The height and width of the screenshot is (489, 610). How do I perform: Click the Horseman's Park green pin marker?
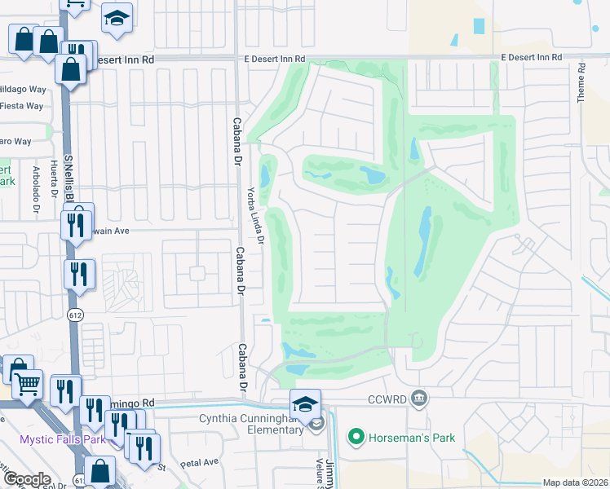tap(356, 438)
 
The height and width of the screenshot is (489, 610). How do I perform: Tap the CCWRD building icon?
tap(419, 399)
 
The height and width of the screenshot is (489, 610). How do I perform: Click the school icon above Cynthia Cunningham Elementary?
tap(305, 404)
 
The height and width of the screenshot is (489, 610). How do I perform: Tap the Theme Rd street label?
tap(581, 82)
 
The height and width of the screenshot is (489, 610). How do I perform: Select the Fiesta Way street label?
tap(21, 106)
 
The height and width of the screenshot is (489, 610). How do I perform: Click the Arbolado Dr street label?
tap(36, 187)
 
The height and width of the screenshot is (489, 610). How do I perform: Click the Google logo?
tap(27, 479)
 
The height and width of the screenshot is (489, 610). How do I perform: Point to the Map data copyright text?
tap(575, 482)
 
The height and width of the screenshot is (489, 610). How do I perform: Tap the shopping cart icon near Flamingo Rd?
tap(29, 385)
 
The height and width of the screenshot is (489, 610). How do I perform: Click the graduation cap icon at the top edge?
tap(117, 19)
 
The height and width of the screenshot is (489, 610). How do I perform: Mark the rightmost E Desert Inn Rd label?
tap(531, 57)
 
